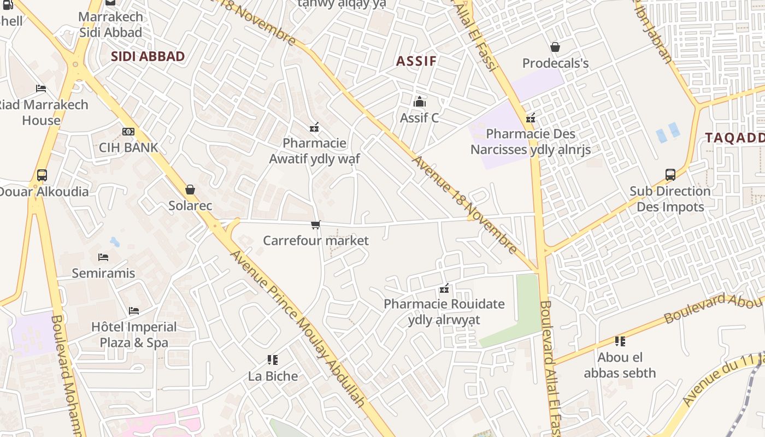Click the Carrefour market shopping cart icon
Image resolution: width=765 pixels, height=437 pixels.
[315, 225]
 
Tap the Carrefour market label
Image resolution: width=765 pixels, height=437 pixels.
[316, 241]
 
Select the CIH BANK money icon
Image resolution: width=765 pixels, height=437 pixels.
[128, 132]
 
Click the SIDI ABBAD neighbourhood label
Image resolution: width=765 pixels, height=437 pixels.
[148, 56]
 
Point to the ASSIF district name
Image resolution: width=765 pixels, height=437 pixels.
[416, 61]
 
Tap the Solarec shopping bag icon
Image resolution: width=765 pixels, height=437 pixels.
[190, 190]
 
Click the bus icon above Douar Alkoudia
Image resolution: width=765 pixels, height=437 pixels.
[42, 175]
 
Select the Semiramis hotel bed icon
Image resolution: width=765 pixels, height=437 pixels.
[103, 257]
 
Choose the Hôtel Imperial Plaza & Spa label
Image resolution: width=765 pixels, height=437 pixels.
[134, 335]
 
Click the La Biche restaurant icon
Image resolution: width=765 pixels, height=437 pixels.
[273, 359]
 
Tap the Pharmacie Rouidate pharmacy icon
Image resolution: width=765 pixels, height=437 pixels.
[444, 288]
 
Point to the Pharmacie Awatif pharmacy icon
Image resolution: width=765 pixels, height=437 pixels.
[314, 127]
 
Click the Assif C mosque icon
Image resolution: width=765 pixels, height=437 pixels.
[420, 102]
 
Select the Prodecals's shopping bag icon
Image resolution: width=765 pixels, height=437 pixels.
[555, 47]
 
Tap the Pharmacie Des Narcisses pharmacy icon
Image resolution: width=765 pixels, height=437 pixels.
[530, 117]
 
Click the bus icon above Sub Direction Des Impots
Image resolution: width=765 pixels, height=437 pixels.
[670, 175]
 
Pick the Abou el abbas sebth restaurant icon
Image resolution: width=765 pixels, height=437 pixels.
[620, 341]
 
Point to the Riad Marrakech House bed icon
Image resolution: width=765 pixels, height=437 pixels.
[41, 88]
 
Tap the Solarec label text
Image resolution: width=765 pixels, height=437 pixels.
[190, 206]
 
